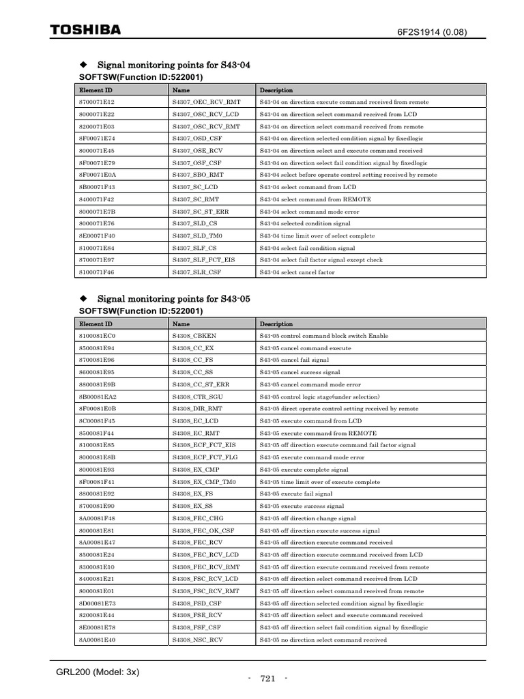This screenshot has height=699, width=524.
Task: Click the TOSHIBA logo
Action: [86, 30]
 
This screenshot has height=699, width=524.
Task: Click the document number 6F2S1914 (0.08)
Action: [433, 32]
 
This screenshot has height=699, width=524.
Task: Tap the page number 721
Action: [267, 679]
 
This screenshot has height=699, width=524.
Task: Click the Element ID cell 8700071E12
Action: [97, 102]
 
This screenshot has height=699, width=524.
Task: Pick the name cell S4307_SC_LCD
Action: [195, 186]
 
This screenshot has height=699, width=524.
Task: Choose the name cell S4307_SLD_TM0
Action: [197, 235]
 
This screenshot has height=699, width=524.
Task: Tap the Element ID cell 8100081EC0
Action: [98, 336]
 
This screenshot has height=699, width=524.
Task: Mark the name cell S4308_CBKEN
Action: [194, 336]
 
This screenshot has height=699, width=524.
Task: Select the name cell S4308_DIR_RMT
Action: [197, 408]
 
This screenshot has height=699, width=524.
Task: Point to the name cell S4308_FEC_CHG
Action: [197, 518]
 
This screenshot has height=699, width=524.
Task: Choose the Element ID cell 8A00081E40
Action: [97, 640]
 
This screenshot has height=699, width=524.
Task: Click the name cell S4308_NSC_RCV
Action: [197, 640]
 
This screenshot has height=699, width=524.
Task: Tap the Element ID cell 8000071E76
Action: [97, 223]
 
